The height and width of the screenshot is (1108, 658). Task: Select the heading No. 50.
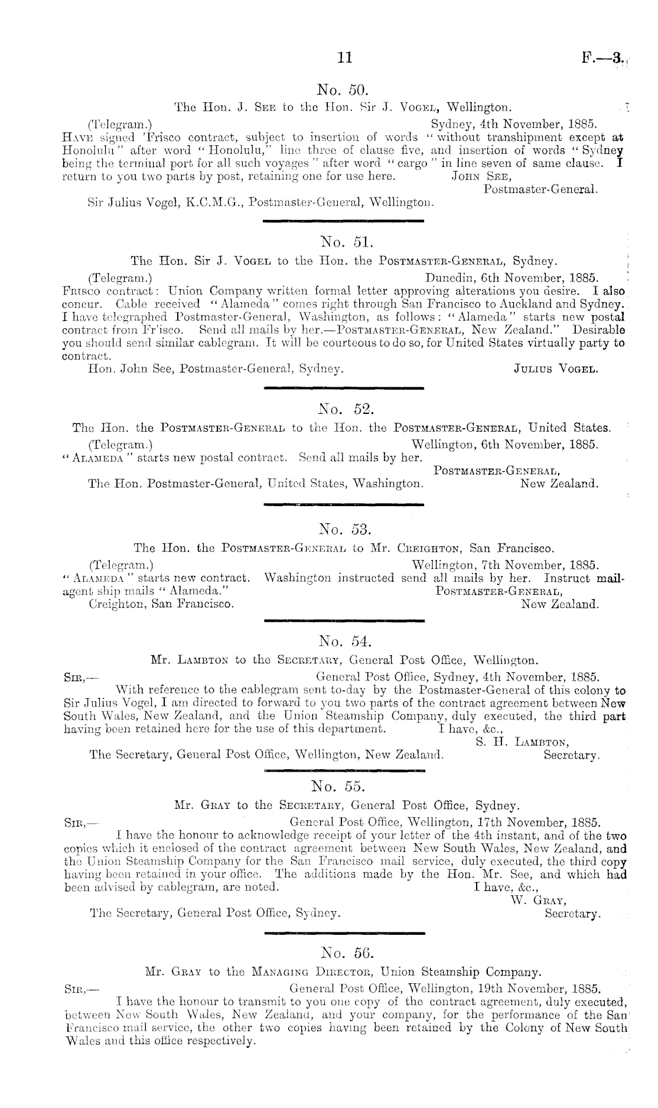[343, 90]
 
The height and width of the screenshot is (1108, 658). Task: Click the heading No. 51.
[343, 241]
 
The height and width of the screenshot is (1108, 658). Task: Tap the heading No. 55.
[343, 786]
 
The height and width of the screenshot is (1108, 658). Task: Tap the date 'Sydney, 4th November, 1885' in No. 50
[514, 125]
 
